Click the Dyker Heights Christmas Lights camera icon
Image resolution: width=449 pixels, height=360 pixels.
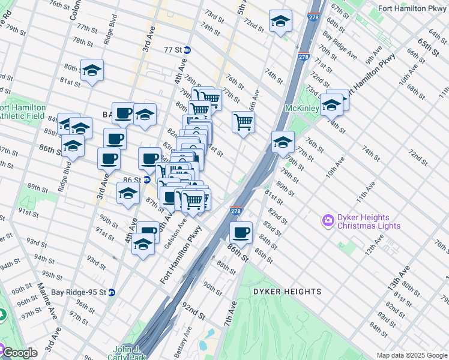pos(328,220)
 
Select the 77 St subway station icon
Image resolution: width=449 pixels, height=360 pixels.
pos(187,50)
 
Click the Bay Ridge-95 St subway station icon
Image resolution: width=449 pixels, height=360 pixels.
pos(111,292)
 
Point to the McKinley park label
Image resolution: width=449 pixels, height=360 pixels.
pos(302,109)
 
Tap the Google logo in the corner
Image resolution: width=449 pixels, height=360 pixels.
pos(20,353)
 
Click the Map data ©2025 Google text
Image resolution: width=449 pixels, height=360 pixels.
pos(412,355)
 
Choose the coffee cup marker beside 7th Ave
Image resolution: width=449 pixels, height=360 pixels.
pos(241,232)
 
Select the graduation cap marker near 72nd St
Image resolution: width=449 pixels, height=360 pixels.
pos(280,22)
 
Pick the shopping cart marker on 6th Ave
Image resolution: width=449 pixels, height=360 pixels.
pos(243,122)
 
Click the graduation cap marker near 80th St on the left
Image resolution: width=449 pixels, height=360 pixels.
pos(92,70)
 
